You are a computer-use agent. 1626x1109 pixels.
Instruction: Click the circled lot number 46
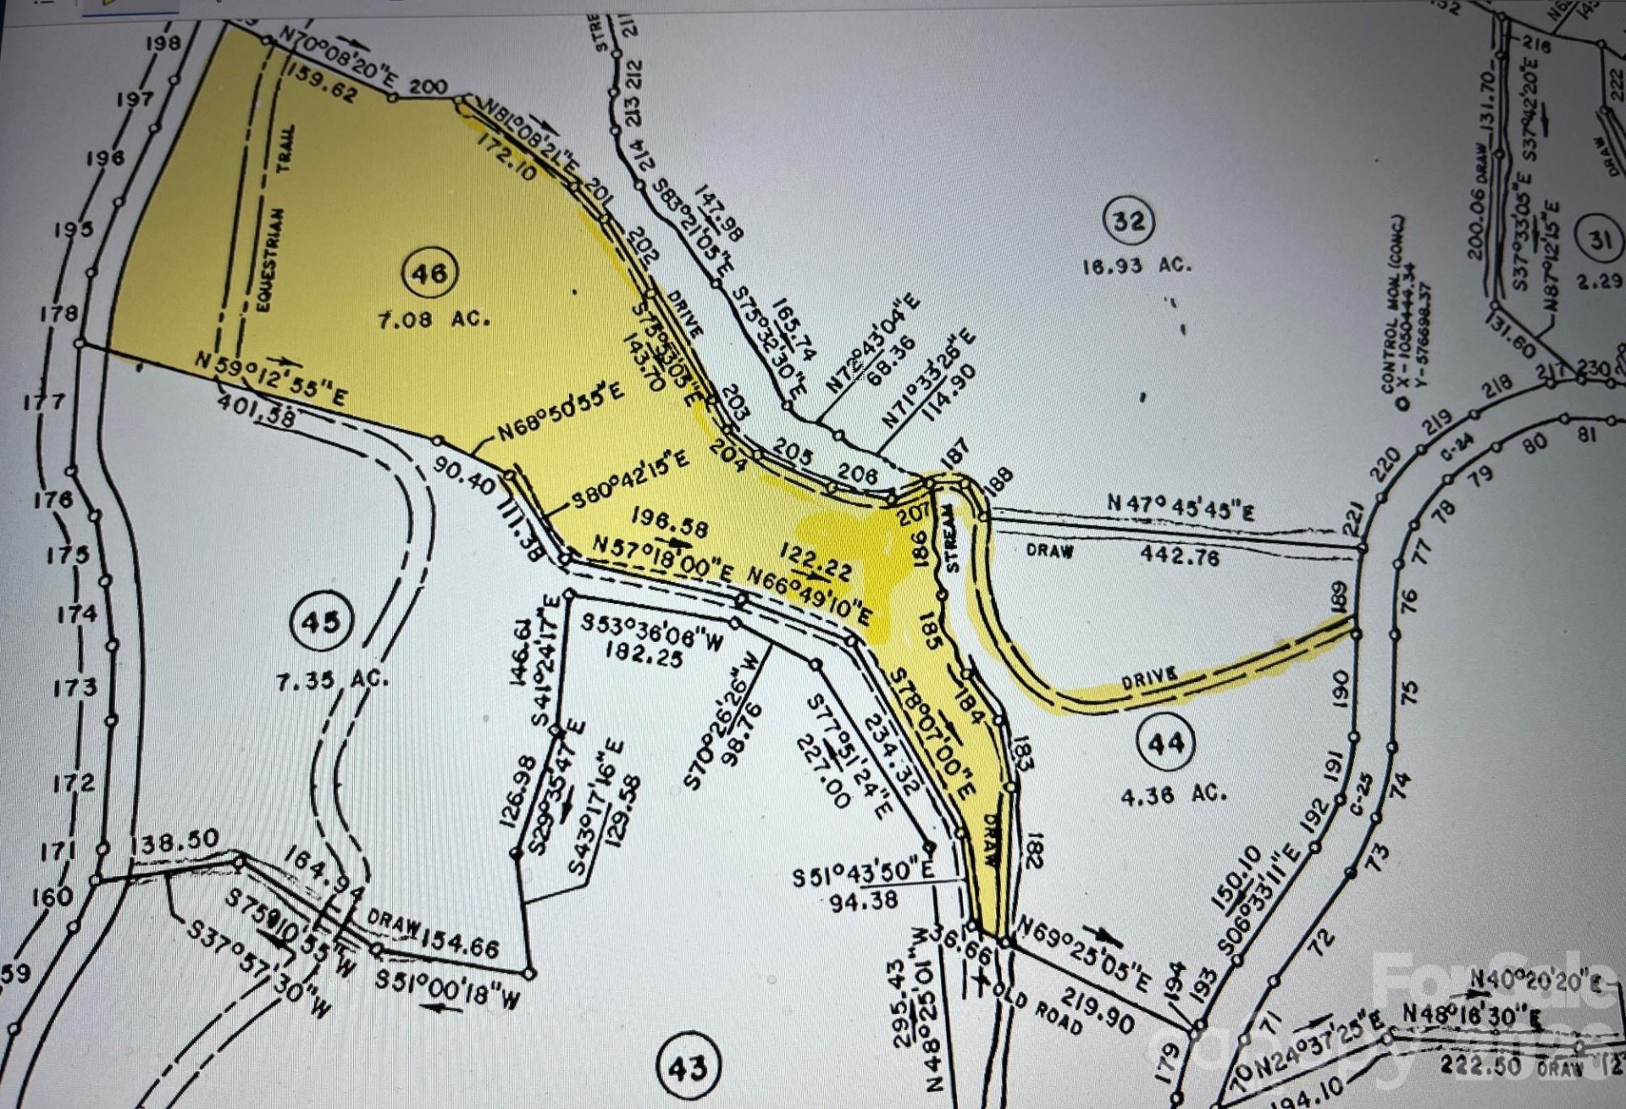[x=429, y=273]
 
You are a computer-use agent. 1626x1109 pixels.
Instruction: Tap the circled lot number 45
[x=321, y=623]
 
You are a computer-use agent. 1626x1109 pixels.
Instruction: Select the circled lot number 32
[x=1129, y=221]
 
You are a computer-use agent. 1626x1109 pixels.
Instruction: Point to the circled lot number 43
[x=687, y=1067]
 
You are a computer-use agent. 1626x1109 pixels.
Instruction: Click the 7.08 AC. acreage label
[x=434, y=320]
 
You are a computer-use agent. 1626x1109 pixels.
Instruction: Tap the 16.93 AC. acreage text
[x=1137, y=265]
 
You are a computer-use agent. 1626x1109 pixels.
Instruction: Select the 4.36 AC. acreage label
[x=1173, y=794]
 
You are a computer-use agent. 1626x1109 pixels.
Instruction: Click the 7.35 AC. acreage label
[x=332, y=679]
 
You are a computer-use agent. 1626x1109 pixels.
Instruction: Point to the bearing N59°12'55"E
[x=270, y=378]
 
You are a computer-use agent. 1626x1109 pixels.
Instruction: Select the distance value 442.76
[x=1180, y=556]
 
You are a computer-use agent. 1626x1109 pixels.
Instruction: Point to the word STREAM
[x=950, y=539]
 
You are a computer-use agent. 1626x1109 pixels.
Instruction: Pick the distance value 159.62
[x=322, y=81]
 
